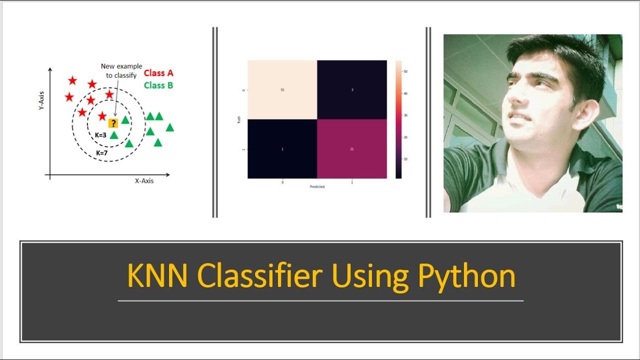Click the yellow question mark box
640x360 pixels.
pyautogui.click(x=113, y=123)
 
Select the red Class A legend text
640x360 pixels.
pyautogui.click(x=158, y=73)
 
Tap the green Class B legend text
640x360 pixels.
pyautogui.click(x=158, y=85)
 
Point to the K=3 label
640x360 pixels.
pyautogui.click(x=101, y=135)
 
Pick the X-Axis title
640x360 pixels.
pyautogui.click(x=144, y=181)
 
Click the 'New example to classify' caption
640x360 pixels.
pyautogui.click(x=121, y=70)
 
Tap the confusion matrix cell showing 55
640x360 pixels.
pyautogui.click(x=282, y=90)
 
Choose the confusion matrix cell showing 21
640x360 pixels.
pyautogui.click(x=352, y=149)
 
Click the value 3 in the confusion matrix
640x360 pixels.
pyautogui.click(x=352, y=90)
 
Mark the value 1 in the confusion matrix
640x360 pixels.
pyautogui.click(x=282, y=149)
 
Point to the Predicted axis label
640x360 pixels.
pyautogui.click(x=317, y=187)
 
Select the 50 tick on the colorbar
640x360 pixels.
pyautogui.click(x=405, y=71)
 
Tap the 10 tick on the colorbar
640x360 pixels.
pyautogui.click(x=405, y=159)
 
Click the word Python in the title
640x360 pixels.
pyautogui.click(x=466, y=275)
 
